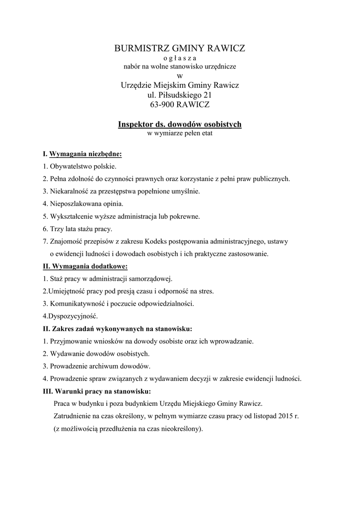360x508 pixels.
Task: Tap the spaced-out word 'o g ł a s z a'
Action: point(180,58)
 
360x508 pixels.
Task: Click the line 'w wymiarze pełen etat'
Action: point(180,133)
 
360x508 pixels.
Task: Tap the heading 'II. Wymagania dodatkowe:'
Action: point(85,266)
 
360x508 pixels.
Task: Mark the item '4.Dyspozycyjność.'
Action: point(71,316)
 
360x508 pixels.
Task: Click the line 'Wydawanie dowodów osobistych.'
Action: point(99,354)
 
